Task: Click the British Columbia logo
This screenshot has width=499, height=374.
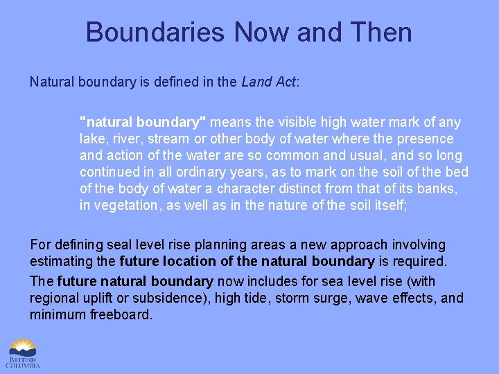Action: coord(24,353)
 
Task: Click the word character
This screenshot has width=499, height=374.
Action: coord(249,188)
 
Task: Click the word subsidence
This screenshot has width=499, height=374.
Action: coord(172,299)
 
